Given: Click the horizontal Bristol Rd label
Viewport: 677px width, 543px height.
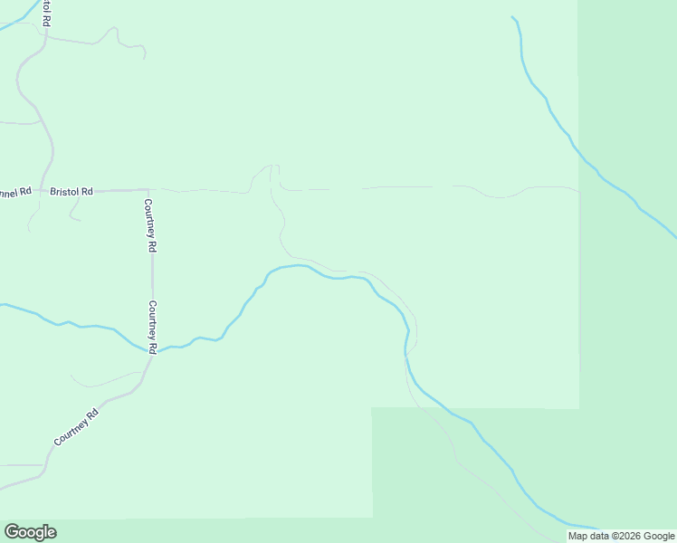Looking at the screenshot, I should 72,192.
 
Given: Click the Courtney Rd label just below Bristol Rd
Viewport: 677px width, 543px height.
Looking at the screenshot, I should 150,225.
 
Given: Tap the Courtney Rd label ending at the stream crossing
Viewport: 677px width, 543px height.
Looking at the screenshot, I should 153,327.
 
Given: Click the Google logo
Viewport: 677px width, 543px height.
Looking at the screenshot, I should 30,532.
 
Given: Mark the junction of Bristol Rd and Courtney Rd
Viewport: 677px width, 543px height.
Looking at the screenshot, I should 148,190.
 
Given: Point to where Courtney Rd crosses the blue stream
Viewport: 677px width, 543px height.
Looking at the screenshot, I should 150,350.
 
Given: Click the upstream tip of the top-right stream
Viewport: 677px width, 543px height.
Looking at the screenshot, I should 512,17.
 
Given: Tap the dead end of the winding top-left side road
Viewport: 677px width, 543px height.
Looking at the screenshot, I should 145,57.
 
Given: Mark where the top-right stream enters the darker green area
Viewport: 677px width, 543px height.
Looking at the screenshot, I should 580,157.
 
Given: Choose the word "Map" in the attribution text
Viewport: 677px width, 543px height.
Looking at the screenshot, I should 577,536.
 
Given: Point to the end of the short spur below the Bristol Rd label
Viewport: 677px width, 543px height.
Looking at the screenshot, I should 80,220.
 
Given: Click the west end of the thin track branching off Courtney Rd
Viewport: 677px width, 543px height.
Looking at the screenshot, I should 72,376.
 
